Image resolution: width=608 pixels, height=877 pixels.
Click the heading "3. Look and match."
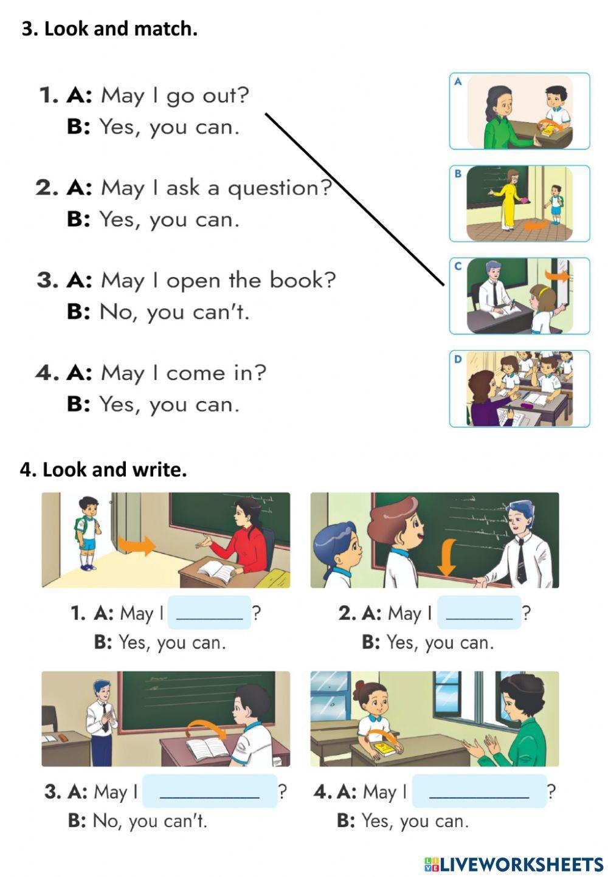coord(109,29)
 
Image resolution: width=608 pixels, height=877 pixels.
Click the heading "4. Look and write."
coord(103,470)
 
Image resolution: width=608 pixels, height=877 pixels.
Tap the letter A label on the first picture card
coord(458,81)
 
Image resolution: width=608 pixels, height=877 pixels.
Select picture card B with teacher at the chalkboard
coord(519,204)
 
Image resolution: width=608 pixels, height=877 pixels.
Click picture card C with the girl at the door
coord(519,296)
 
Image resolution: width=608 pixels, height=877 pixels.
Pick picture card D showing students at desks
coord(519,388)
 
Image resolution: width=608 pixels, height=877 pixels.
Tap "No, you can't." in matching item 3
coord(174,312)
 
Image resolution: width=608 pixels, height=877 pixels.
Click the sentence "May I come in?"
coord(184,373)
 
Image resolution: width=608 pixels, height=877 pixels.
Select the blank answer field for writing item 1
coord(209,613)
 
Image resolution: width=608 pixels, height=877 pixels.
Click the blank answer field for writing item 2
coord(479,613)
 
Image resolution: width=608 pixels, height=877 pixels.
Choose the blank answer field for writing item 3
coord(209,791)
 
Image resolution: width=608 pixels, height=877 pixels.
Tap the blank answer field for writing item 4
coord(479,791)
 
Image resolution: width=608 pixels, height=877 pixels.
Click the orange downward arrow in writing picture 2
coord(447,557)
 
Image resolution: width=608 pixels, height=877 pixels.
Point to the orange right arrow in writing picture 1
coord(136,545)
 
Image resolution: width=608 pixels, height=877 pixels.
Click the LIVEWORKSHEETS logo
coord(514,864)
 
